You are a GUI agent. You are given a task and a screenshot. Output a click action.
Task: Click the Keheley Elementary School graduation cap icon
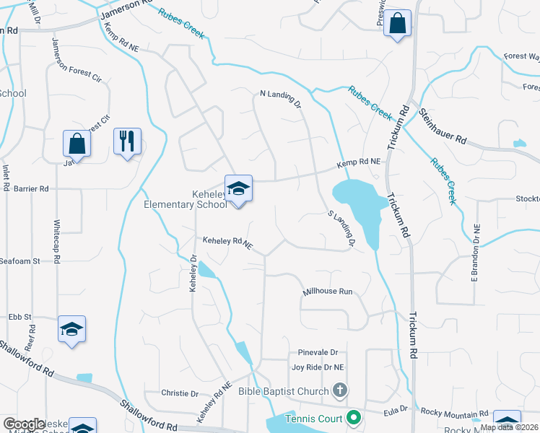(x=238, y=189)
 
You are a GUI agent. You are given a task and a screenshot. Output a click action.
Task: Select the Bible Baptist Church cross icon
(x=340, y=391)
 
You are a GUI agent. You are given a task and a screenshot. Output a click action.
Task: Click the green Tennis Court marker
(x=354, y=417)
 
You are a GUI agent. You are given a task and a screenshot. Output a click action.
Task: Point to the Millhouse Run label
(x=327, y=292)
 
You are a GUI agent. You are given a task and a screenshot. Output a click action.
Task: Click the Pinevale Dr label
(x=318, y=353)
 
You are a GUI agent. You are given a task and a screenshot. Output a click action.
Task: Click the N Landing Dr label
(x=280, y=97)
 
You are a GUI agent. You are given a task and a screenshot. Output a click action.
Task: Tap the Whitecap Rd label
(x=56, y=241)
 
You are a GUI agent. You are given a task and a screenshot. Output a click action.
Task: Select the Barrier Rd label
(x=30, y=188)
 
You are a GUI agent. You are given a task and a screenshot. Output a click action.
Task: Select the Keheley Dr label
(x=193, y=273)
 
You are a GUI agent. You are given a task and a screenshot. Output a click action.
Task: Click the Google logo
(x=24, y=424)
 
